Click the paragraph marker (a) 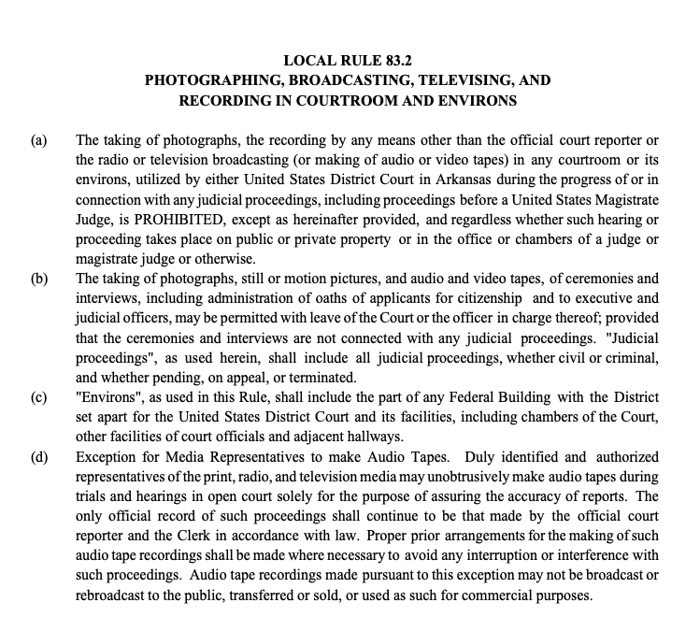(x=39, y=140)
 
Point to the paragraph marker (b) (x=39, y=278)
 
